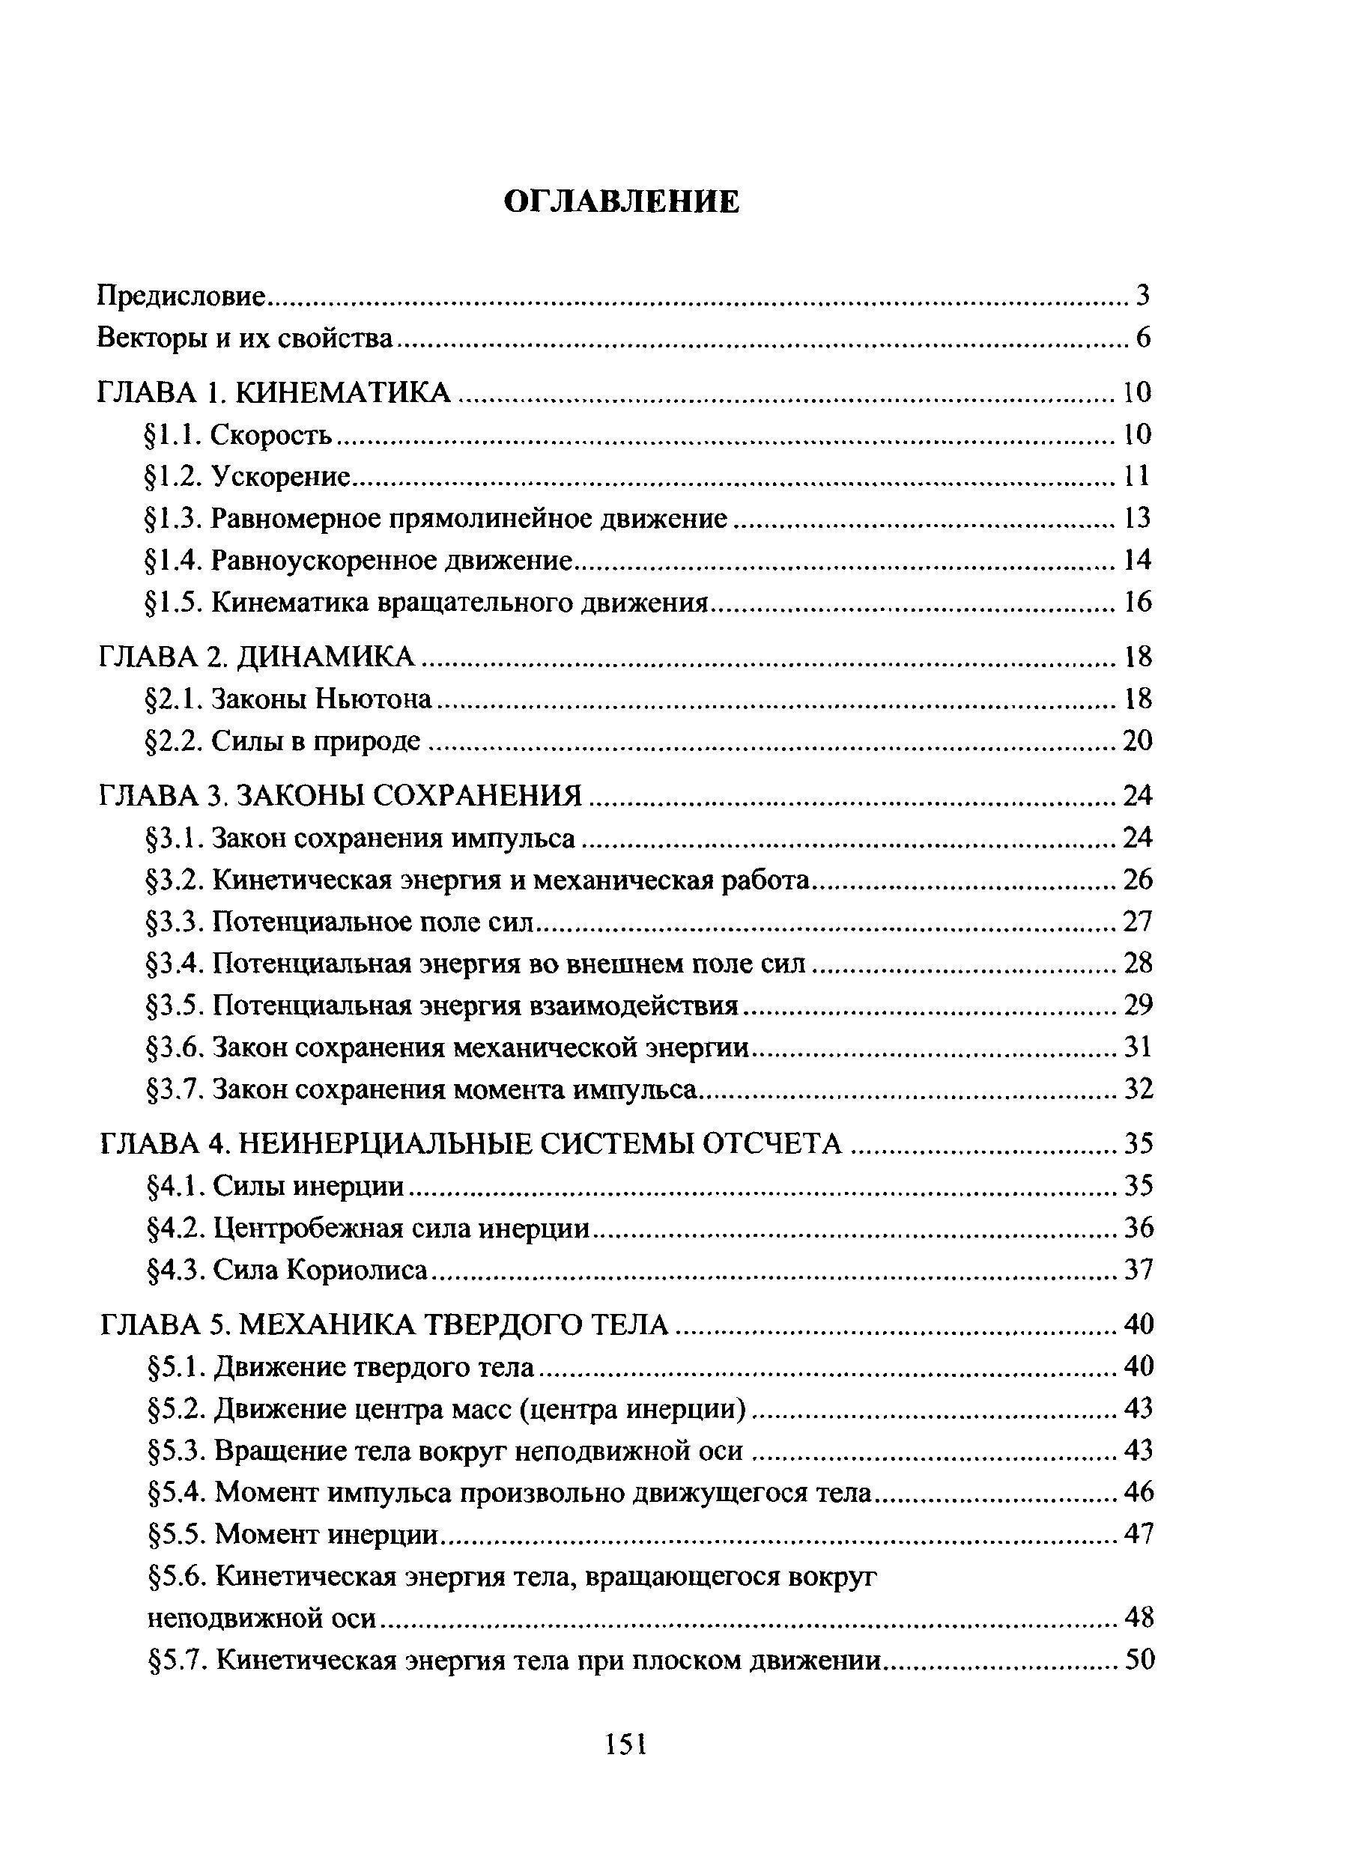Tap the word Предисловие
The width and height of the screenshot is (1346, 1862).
181,296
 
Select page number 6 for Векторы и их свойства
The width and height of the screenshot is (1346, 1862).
1143,338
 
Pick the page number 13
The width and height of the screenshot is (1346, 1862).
1138,518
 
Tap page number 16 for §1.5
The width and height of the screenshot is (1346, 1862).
1138,603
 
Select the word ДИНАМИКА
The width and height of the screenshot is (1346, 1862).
327,657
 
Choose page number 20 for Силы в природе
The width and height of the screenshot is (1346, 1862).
1138,741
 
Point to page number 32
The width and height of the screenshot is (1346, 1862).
1139,1089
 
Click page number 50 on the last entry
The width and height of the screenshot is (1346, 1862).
1139,1660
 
